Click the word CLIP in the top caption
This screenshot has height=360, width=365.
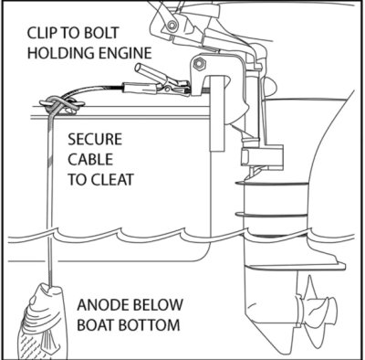point(41,33)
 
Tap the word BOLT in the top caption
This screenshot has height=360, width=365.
point(102,33)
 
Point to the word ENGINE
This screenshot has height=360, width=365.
point(124,53)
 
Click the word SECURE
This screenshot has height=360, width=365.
point(95,139)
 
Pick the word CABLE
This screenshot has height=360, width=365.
point(90,159)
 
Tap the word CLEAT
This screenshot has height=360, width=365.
point(113,179)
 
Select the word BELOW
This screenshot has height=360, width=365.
point(156,305)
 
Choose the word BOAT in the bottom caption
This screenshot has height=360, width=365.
point(96,325)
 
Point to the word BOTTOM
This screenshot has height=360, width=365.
point(149,325)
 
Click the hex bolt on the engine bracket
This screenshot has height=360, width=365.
point(199,64)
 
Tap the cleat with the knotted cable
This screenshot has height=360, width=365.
point(62,106)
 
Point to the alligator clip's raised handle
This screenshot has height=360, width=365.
point(151,73)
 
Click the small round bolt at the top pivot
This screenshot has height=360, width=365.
point(173,24)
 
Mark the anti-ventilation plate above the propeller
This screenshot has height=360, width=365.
point(295,267)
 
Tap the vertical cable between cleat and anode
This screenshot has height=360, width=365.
point(50,199)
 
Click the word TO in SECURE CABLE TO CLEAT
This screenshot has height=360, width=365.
point(78,179)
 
